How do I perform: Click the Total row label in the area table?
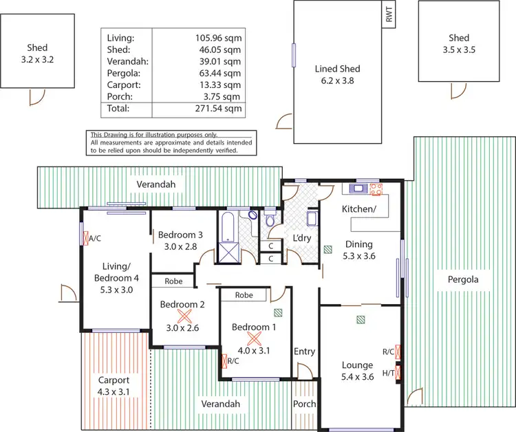(120, 109)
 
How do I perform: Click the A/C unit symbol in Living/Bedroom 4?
(82, 239)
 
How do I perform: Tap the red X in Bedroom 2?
(184, 316)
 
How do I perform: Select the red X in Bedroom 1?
(254, 338)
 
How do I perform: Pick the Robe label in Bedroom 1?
(244, 295)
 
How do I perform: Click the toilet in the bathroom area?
(271, 219)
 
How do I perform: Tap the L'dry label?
(303, 239)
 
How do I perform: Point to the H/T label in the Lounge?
(388, 374)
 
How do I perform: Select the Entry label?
(304, 352)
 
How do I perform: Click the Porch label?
(304, 404)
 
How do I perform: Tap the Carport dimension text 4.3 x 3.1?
(114, 391)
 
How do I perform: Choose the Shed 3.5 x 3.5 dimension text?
(459, 50)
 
